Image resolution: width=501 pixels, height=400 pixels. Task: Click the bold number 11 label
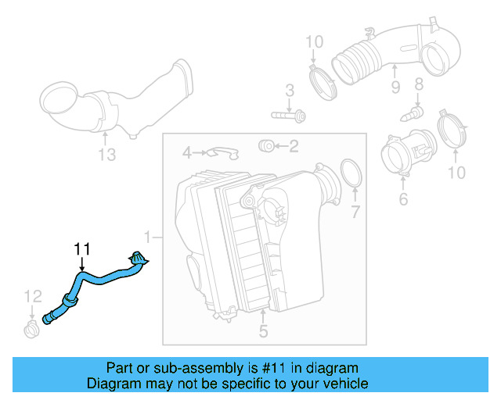pos(82,249)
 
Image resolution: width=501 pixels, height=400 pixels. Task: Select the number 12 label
pos(32,295)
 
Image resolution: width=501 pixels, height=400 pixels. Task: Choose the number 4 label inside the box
pos(187,151)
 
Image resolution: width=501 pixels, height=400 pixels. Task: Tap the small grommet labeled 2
pos(265,145)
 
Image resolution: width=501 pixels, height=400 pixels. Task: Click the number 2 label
pos(294,145)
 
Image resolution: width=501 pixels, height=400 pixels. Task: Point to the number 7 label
pos(355,211)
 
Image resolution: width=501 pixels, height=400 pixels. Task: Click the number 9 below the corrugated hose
pos(395,87)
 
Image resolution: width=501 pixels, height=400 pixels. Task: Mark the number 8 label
pos(418,84)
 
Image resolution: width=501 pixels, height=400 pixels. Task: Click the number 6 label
pos(403,200)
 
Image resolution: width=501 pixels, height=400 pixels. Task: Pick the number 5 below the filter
pos(263,331)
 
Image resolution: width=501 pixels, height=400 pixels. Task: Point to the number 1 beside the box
pos(147,235)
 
